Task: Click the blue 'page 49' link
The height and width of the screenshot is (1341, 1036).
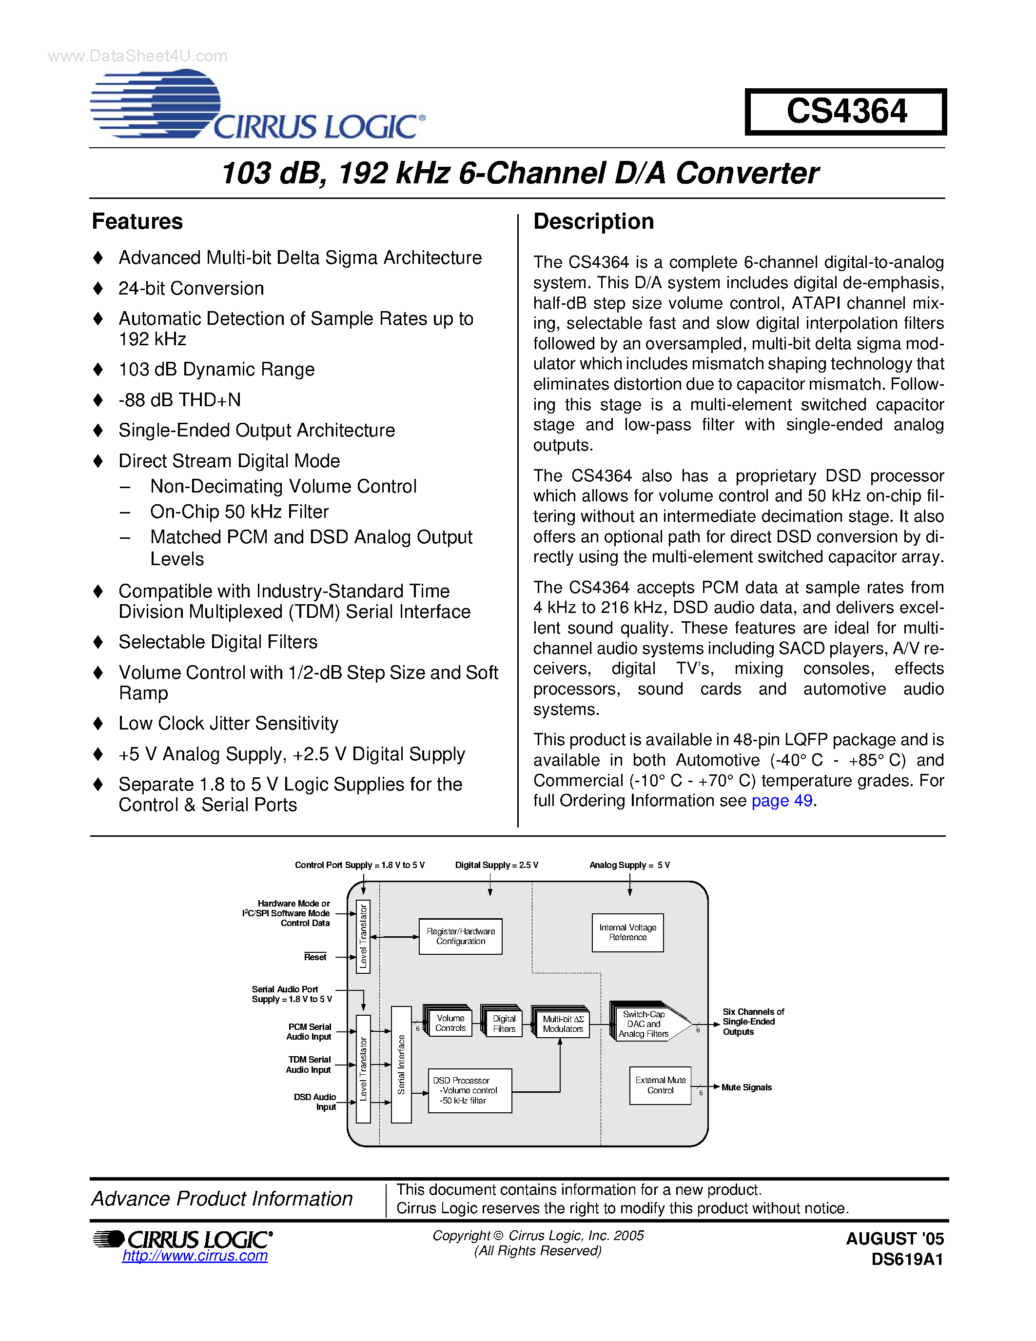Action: point(782,801)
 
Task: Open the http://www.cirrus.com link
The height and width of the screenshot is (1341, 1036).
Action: point(195,1256)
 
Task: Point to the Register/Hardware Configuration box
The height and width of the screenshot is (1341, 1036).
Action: point(460,936)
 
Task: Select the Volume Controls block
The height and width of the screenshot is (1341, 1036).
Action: point(450,1023)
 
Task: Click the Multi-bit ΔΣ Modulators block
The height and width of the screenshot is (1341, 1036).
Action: point(563,1024)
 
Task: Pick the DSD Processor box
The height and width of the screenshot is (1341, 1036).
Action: point(469,1090)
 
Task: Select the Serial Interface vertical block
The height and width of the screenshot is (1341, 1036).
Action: point(401,1064)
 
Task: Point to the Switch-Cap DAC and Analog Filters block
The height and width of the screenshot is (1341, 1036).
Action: point(645,1024)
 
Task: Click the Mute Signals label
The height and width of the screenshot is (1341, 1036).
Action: point(746,1087)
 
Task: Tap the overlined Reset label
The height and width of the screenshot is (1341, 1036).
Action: point(315,957)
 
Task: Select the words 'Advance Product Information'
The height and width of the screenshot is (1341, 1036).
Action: point(222,1199)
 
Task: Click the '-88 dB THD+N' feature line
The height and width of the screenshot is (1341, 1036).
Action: point(179,400)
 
